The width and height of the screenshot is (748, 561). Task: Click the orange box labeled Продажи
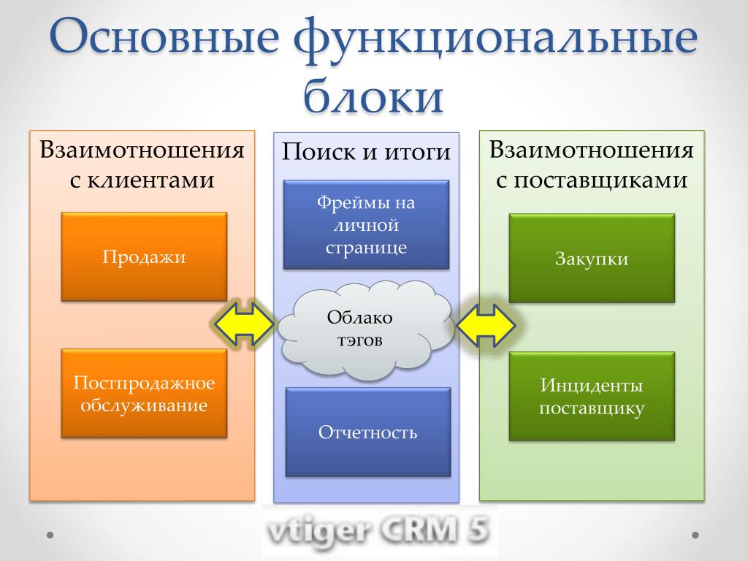tap(144, 256)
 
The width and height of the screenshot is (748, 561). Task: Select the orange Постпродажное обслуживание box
tap(144, 394)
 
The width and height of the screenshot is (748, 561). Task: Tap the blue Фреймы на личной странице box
tap(367, 225)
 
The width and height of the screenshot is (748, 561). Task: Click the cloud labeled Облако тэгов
tap(365, 329)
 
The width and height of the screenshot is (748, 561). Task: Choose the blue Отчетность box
tap(368, 432)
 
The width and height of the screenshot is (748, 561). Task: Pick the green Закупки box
tap(592, 258)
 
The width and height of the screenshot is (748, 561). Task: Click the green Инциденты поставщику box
tap(592, 397)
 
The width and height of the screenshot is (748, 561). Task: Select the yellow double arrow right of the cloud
tap(486, 325)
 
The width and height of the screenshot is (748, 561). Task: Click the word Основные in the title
tap(164, 37)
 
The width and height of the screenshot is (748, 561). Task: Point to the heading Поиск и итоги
tap(367, 152)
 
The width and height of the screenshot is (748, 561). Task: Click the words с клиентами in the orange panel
tap(142, 180)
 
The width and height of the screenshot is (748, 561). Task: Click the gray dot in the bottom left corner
tap(50, 535)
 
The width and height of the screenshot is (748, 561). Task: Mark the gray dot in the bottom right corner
tap(695, 535)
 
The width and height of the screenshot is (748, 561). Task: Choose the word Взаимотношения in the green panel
tap(592, 150)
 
